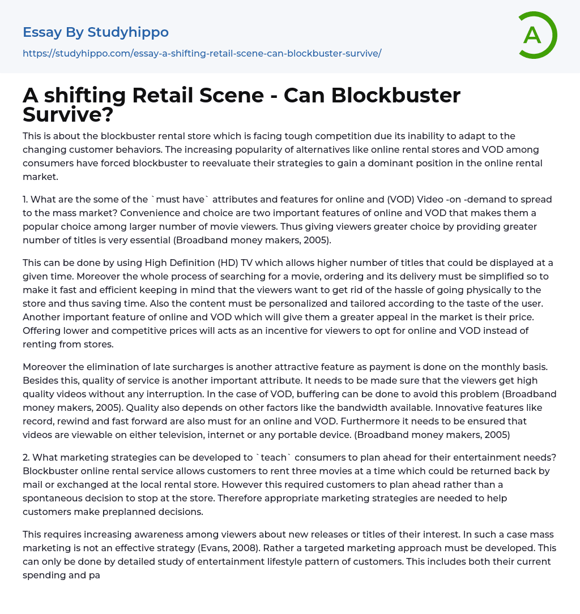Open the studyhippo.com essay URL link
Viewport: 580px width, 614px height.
click(x=202, y=53)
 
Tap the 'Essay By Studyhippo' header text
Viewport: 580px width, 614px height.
click(x=96, y=32)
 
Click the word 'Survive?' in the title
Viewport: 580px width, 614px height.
click(x=68, y=114)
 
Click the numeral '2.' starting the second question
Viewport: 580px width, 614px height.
click(x=27, y=457)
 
